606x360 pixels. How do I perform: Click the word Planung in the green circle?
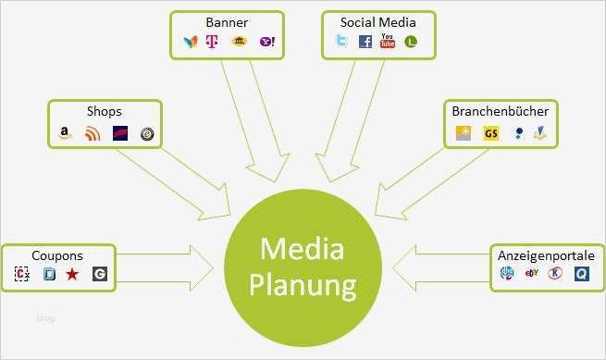pos(302,285)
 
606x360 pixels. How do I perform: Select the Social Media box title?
pos(377,21)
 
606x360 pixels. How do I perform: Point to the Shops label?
pos(104,112)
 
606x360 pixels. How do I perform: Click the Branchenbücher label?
pos(500,111)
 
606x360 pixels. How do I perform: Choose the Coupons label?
pos(57,255)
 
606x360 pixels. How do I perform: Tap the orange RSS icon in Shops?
pos(92,134)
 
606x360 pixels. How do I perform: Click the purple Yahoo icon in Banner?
pos(267,42)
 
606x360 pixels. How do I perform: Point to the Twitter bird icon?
pos(341,41)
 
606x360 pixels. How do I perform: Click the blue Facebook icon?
pos(365,42)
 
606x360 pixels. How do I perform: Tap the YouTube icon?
pos(388,41)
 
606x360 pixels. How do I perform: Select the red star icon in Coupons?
pos(72,274)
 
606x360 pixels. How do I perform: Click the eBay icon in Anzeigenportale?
pos(531,273)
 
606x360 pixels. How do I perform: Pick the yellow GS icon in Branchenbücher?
pos(491,134)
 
